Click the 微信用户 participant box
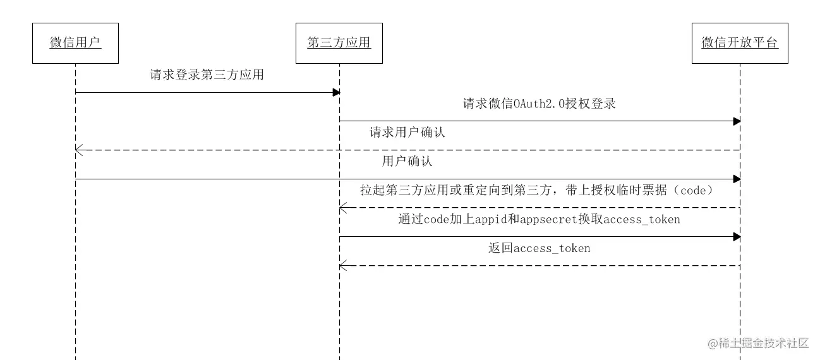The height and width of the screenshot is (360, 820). tap(75, 43)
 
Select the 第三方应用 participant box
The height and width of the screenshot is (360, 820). tap(339, 43)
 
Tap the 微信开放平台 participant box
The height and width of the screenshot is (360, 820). tap(740, 43)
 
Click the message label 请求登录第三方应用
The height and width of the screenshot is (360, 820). tap(207, 75)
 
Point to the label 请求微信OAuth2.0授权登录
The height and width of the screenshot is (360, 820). tap(539, 104)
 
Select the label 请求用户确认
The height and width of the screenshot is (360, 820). tap(407, 133)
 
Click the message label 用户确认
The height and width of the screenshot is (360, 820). tap(407, 162)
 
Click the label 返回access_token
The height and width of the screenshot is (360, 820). tap(539, 248)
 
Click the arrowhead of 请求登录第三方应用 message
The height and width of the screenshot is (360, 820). tap(337, 93)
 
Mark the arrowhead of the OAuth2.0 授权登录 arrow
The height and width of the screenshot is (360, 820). tap(737, 121)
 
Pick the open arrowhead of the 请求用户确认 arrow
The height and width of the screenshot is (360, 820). tap(78, 150)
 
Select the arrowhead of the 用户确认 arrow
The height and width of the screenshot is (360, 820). tap(737, 179)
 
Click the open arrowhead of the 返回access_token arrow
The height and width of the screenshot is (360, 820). tap(342, 266)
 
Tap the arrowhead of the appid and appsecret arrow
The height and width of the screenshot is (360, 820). tap(737, 237)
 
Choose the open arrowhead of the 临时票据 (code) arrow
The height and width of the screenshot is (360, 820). tap(342, 208)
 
